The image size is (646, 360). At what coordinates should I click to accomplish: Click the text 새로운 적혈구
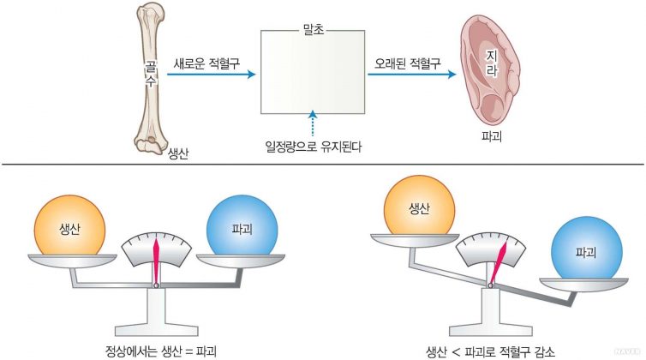point(206,62)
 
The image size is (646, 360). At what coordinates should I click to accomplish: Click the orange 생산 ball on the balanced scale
point(71,226)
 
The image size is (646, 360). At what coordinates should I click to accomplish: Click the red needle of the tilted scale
point(495,261)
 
